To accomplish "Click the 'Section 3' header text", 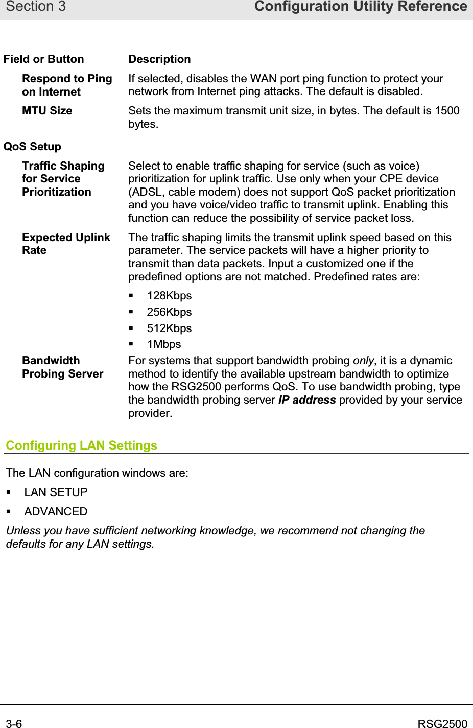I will tap(36, 7).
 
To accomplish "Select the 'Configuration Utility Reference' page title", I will tap(361, 7).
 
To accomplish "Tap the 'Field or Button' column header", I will tap(43, 59).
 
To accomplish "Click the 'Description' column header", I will tap(159, 59).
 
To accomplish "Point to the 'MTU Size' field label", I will tap(47, 111).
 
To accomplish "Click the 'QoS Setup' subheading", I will tap(32, 147).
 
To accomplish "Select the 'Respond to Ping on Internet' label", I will tap(66, 85).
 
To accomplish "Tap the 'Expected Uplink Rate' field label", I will tap(65, 244).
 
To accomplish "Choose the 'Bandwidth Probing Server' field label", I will tap(62, 367).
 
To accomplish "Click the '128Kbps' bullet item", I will tap(169, 296).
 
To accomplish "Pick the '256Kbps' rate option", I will tap(169, 312).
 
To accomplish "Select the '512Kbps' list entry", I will tap(169, 328).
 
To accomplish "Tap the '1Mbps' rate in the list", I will tap(164, 344).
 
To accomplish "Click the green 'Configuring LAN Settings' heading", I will tap(82, 445).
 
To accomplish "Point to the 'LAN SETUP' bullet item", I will tap(56, 492).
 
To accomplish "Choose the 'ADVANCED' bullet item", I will tap(56, 511).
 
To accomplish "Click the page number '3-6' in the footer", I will tap(14, 723).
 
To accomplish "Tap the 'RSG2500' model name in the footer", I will tap(442, 723).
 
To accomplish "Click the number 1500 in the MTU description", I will tap(447, 111).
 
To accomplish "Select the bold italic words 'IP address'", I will tap(307, 400).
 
